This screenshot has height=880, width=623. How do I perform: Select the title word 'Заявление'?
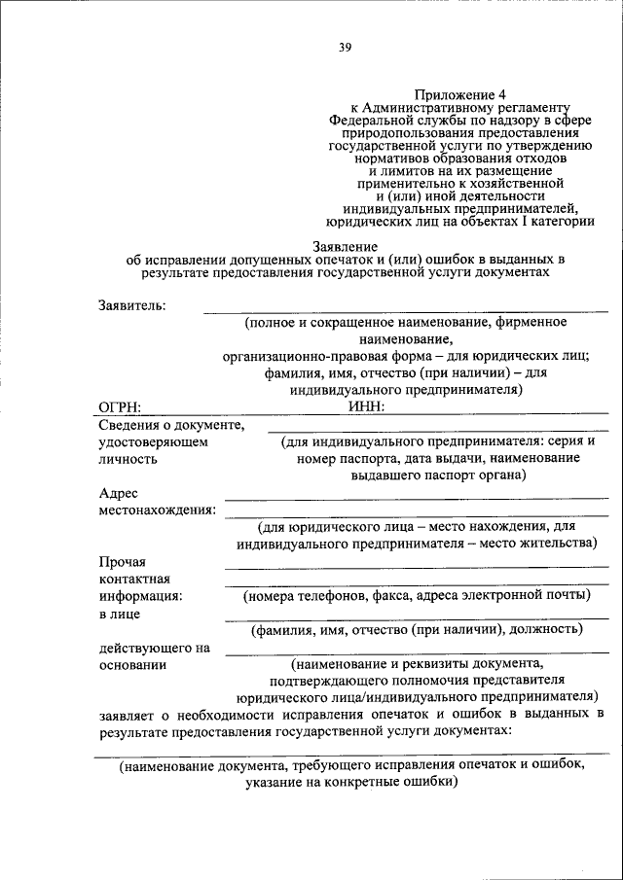[345, 247]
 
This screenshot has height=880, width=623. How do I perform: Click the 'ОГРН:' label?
[121, 406]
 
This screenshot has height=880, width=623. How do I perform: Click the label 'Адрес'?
[117, 493]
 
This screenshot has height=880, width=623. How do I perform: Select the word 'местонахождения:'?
[158, 510]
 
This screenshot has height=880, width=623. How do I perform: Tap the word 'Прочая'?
[122, 561]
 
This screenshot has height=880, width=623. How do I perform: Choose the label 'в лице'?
[119, 614]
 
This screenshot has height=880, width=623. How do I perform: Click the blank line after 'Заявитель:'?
[404, 310]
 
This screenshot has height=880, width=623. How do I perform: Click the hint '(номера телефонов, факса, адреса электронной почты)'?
[417, 595]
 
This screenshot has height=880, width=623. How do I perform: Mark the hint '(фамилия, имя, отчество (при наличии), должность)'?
[417, 629]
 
